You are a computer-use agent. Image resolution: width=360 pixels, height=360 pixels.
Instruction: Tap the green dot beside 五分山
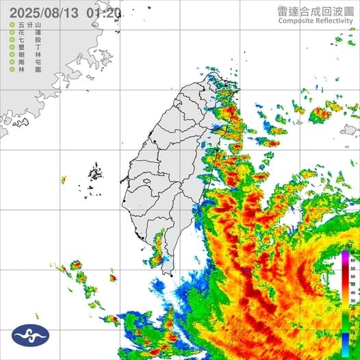click(12, 25)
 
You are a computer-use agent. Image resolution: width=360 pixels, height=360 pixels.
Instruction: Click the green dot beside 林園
click(12, 72)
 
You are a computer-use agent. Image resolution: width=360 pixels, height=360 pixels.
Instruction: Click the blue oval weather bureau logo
click(30, 335)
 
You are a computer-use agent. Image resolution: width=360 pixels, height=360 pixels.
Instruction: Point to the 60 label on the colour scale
click(353, 261)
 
